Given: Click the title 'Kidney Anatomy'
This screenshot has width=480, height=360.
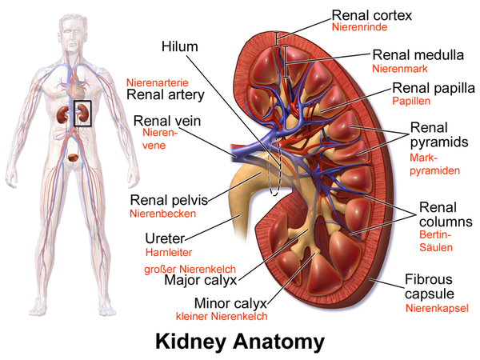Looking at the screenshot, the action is click(240, 342).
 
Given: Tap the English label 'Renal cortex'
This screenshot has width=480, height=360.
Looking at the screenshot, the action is click(372, 15).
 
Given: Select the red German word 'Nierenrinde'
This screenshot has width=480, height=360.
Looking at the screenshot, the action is click(359, 27).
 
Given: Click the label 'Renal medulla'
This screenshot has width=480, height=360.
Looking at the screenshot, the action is click(418, 55).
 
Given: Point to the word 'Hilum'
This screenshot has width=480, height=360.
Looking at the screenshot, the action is click(180, 46).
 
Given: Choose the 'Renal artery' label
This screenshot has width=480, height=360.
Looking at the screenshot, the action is click(166, 95).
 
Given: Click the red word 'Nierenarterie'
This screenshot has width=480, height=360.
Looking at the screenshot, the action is click(158, 82).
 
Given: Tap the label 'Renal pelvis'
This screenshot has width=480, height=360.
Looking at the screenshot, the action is click(169, 201).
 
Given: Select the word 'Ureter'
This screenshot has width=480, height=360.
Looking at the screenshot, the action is click(165, 238).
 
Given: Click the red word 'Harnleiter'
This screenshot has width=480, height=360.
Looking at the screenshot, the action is click(169, 253).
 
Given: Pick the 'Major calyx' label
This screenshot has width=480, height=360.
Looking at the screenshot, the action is click(201, 281).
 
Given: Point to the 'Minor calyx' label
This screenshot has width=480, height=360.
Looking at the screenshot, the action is click(231, 304).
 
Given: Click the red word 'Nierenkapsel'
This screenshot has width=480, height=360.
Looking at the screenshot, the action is click(437, 308).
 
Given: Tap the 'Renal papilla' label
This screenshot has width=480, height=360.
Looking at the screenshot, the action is click(434, 88).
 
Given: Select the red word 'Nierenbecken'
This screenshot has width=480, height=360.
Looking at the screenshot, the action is click(162, 214).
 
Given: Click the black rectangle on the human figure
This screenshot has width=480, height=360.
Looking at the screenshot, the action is click(82, 114).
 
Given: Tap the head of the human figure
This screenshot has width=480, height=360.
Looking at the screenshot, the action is click(73, 33).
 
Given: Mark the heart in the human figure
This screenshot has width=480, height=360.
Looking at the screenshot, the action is click(76, 88).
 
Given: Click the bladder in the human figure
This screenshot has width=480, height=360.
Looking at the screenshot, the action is click(74, 158).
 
